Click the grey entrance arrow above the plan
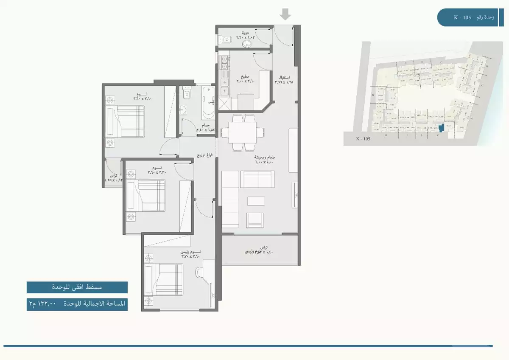[x=285, y=15]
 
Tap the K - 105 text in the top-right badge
[x=462, y=17]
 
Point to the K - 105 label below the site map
[x=364, y=139]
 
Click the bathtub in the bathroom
[x=208, y=103]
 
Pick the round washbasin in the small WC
[x=245, y=43]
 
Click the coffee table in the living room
[x=256, y=201]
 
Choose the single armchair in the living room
[x=255, y=219]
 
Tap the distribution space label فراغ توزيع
[x=204, y=155]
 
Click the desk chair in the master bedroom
[x=199, y=272]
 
